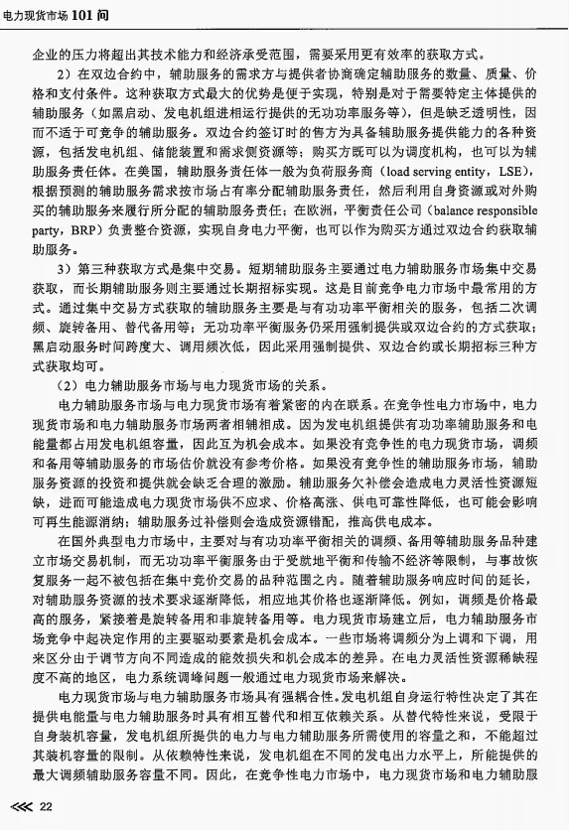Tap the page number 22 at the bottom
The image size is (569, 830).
point(46,807)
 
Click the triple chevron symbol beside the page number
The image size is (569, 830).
point(20,807)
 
